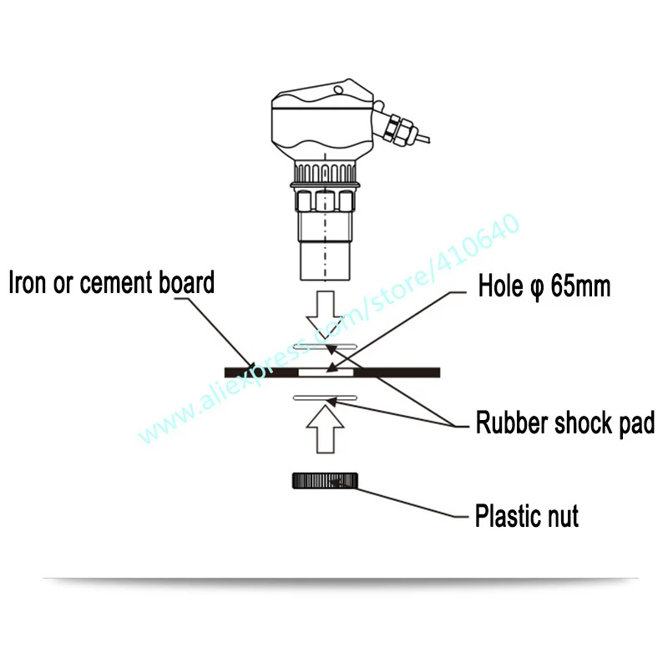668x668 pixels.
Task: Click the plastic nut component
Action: click(325, 480)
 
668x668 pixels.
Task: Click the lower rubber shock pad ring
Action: click(324, 399)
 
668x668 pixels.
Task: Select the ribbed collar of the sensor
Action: click(324, 174)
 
